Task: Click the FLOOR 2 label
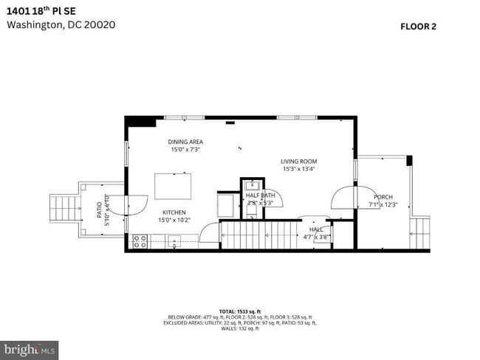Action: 418,27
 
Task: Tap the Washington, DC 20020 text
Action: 61,24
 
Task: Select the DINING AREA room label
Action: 185,142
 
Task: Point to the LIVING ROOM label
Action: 298,162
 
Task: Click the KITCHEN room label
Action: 174,212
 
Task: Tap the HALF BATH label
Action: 260,195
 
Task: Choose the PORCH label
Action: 383,197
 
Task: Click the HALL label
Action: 316,229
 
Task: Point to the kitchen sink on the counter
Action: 175,240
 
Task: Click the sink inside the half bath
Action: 251,184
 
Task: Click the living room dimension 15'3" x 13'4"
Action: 298,169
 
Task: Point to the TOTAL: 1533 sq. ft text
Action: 239,311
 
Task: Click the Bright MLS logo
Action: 30,348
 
